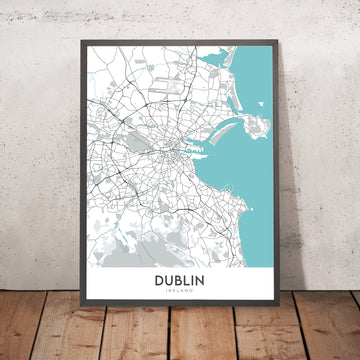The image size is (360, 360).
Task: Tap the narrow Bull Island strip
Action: point(233,126)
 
